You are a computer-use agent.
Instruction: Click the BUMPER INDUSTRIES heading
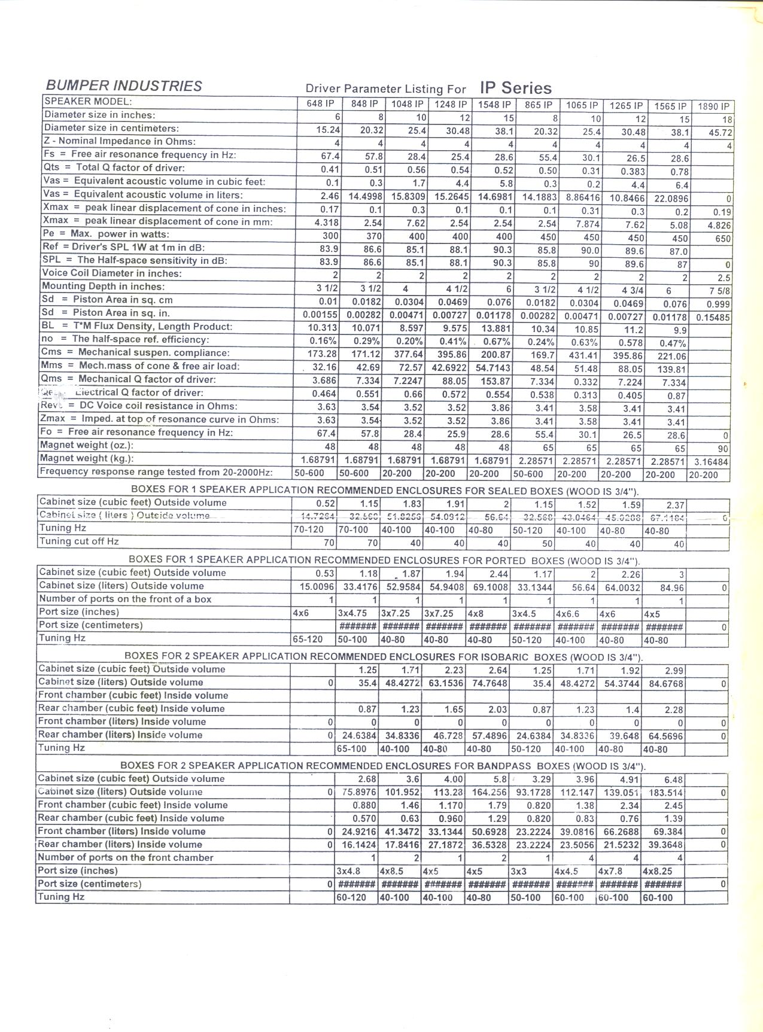(x=124, y=86)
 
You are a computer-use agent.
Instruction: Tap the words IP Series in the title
(x=515, y=88)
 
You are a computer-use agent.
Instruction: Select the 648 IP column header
(x=320, y=103)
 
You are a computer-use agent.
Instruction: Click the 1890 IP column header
(x=713, y=106)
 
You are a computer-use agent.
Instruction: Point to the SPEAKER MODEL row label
(x=87, y=102)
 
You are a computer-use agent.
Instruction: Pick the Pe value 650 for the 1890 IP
(x=723, y=238)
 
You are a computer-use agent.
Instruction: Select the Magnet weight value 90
(x=723, y=449)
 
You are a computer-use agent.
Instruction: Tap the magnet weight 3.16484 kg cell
(x=712, y=462)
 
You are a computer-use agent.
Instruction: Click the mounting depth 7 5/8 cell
(x=720, y=291)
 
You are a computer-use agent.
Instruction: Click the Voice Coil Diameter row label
(x=111, y=273)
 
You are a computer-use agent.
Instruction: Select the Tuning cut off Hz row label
(x=79, y=541)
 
